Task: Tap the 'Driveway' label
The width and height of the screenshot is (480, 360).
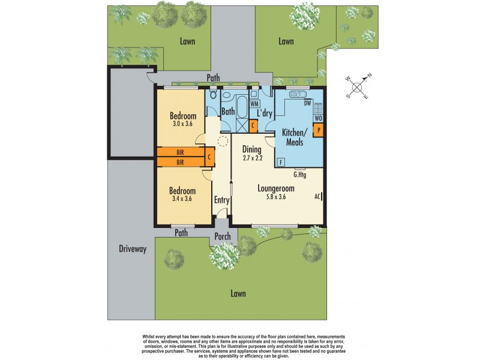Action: point(132,249)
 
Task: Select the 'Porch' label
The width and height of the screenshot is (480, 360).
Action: point(223,236)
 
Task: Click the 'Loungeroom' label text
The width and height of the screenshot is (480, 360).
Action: point(276,188)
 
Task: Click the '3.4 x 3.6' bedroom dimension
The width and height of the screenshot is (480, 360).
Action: point(181,199)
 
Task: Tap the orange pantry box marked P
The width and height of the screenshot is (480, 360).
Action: point(319,129)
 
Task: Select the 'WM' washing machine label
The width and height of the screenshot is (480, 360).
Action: point(254,104)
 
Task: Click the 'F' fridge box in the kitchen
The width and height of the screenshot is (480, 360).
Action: point(281,162)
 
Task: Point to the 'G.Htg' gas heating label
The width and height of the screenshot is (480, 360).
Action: point(299,175)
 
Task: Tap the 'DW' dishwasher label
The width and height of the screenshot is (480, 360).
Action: point(308,103)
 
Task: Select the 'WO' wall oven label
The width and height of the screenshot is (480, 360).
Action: point(319,119)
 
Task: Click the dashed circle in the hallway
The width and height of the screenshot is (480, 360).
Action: point(222,142)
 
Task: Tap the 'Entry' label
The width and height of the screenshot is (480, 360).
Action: point(222,200)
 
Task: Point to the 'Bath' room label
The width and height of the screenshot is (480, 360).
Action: point(228,112)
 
